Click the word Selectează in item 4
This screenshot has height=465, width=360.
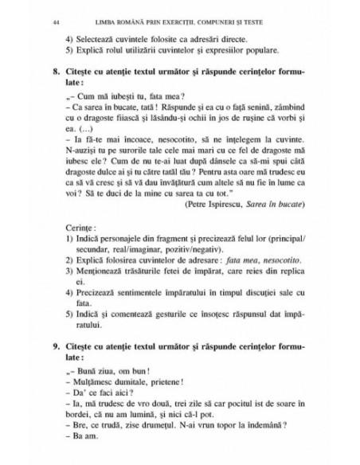pyautogui.click(x=100, y=37)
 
